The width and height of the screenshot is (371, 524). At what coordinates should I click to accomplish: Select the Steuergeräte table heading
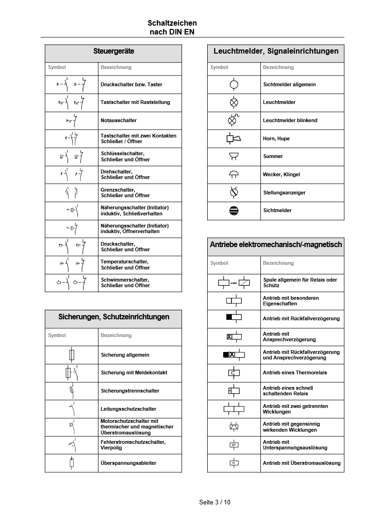click(x=113, y=51)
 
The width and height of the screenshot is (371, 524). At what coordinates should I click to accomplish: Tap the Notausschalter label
click(x=119, y=120)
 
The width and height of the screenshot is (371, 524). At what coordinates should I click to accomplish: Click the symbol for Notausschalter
click(x=72, y=120)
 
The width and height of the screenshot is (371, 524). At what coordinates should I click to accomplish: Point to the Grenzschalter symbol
click(x=72, y=192)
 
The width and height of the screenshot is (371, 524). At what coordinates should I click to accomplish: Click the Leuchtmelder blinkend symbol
click(x=233, y=120)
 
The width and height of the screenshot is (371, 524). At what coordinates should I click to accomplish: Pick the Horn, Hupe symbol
click(x=234, y=138)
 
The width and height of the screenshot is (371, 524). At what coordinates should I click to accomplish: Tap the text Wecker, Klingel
click(x=281, y=174)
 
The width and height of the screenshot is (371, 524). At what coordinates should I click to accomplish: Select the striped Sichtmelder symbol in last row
click(x=234, y=210)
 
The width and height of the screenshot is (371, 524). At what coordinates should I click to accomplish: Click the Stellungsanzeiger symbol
click(x=234, y=192)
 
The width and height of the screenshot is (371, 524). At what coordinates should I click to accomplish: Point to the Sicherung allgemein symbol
click(x=71, y=355)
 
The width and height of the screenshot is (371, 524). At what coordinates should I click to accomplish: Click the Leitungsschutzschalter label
click(x=128, y=409)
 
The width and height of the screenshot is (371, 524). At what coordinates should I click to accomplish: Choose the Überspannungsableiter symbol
click(x=71, y=463)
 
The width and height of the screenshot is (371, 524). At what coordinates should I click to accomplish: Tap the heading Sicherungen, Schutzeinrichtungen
click(x=113, y=317)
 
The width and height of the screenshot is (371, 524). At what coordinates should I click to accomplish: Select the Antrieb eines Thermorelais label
click(x=294, y=372)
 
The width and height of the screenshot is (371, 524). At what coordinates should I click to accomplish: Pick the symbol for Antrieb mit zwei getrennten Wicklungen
click(x=234, y=409)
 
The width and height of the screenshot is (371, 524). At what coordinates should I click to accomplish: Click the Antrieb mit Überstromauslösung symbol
click(x=234, y=463)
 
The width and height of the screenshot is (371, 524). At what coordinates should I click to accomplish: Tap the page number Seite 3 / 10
click(x=215, y=502)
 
